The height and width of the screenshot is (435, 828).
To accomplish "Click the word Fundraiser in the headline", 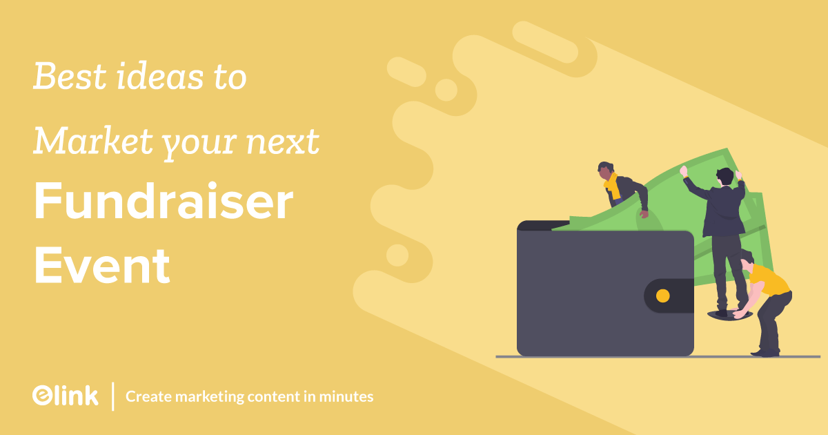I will (164, 205).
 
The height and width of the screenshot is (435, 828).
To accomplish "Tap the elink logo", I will (65, 395).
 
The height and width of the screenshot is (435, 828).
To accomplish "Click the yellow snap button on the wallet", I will (662, 296).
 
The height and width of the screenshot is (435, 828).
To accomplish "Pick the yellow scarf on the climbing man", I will (611, 184).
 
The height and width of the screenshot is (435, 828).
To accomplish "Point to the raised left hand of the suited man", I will (684, 171).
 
